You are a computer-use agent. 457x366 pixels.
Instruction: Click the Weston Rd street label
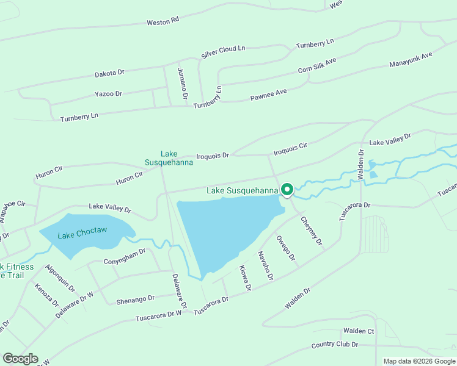[163, 21]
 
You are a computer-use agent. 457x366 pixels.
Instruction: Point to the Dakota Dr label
[109, 73]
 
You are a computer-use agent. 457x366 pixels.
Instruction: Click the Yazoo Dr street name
[108, 94]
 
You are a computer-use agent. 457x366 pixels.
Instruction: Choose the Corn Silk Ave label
[317, 66]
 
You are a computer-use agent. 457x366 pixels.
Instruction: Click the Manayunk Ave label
[411, 60]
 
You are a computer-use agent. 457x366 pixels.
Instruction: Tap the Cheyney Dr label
[312, 231]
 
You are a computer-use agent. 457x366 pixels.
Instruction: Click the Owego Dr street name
[286, 249]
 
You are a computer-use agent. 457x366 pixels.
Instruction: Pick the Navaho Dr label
[264, 266]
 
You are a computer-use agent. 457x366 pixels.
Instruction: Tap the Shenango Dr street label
[137, 298]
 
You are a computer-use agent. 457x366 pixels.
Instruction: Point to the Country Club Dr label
[334, 345]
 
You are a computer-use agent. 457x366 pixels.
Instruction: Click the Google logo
[20, 359]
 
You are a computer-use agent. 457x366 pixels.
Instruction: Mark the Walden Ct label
[358, 331]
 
